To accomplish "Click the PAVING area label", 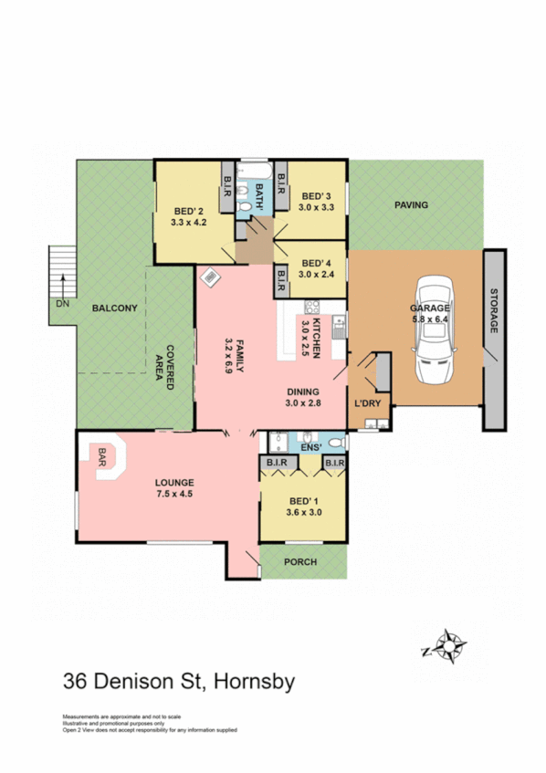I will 411,205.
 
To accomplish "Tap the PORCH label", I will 301,562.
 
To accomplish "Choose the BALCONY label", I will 114,308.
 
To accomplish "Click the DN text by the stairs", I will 62,302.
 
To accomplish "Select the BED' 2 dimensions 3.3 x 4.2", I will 189,220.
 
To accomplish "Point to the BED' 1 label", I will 302,502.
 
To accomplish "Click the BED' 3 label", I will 315,196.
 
